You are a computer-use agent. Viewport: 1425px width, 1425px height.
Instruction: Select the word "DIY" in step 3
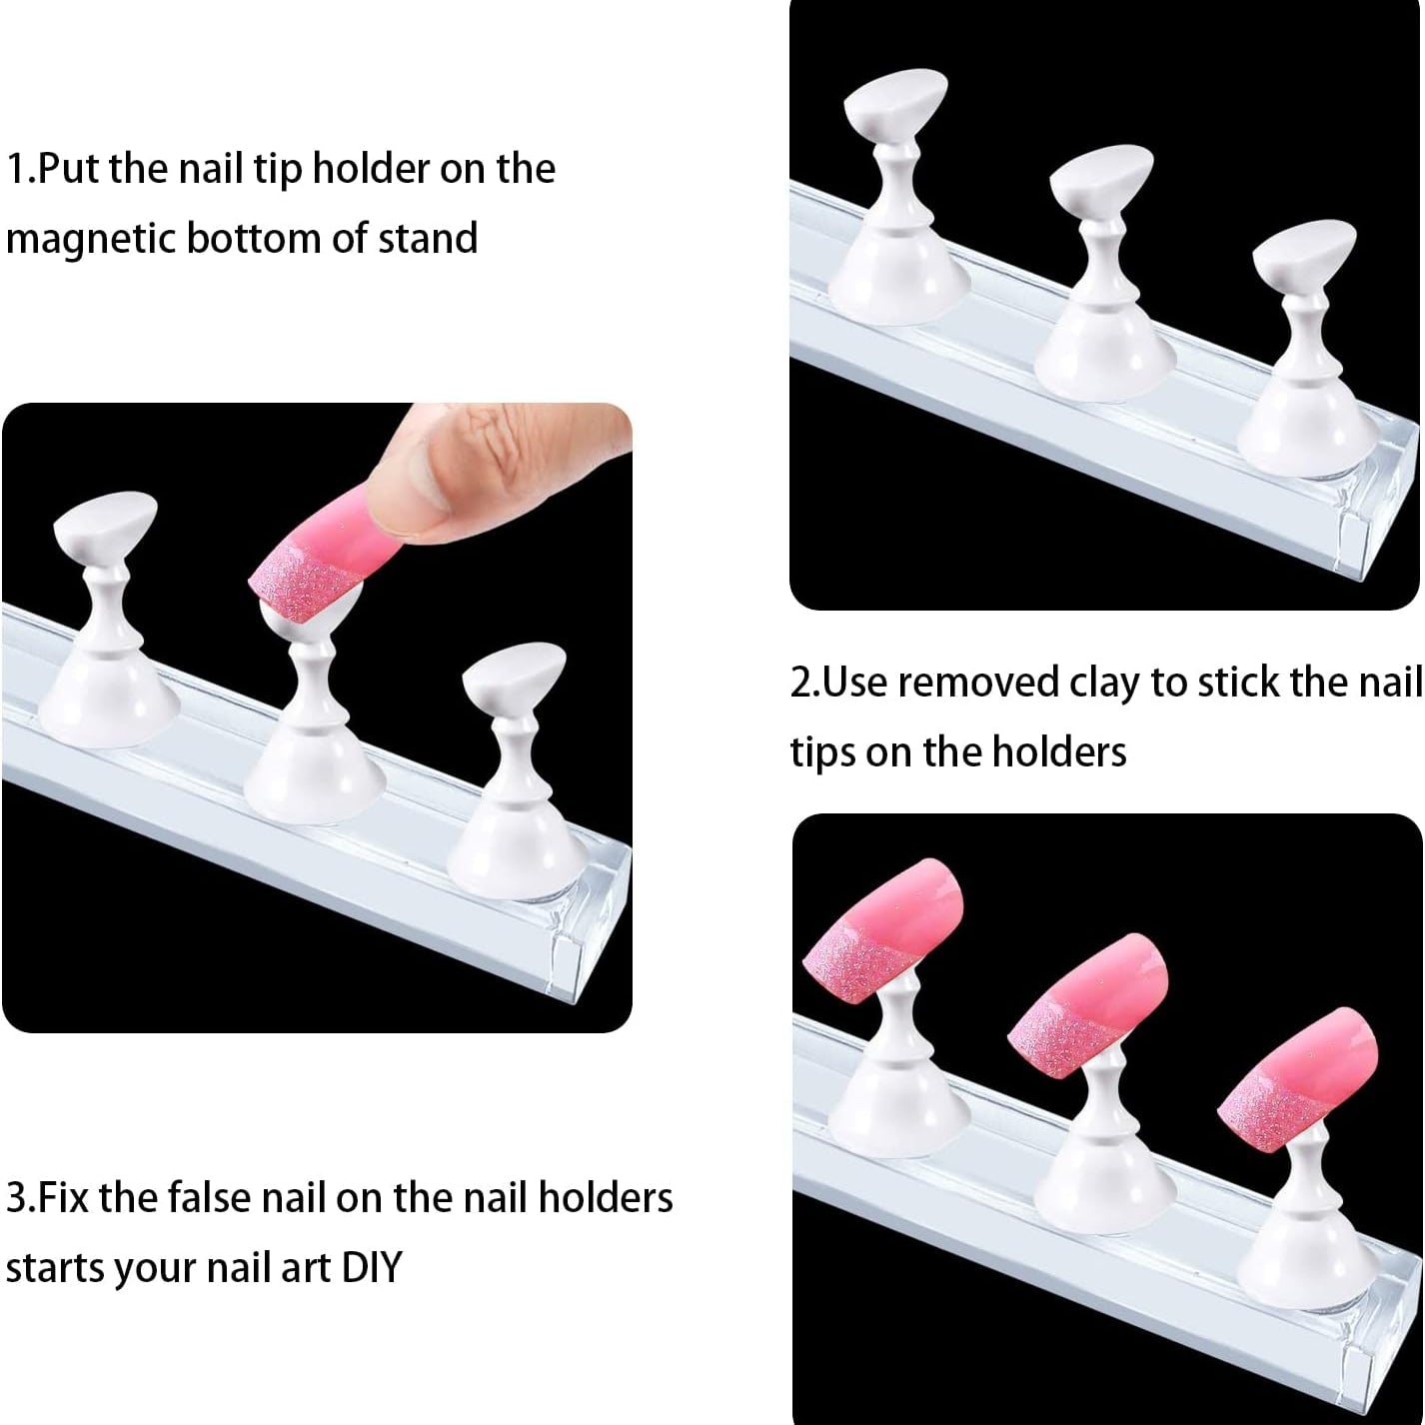click(x=371, y=1267)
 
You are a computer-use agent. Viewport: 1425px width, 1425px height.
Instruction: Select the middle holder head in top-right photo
click(x=1101, y=180)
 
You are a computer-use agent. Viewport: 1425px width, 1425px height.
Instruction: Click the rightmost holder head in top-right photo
click(x=1303, y=255)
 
